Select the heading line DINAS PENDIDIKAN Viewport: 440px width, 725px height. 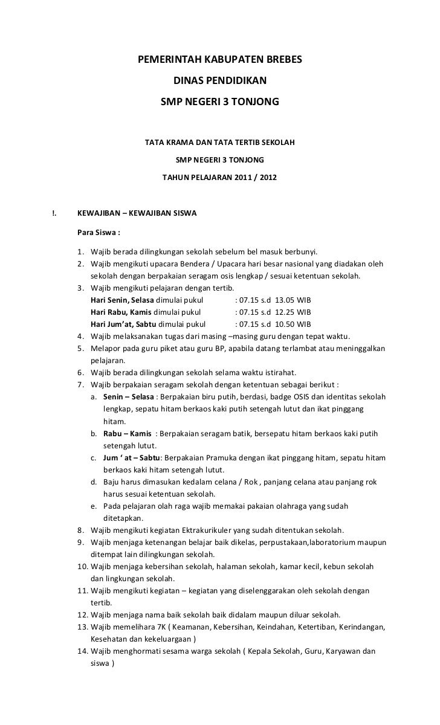(219, 80)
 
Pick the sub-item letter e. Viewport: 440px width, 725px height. (94, 506)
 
